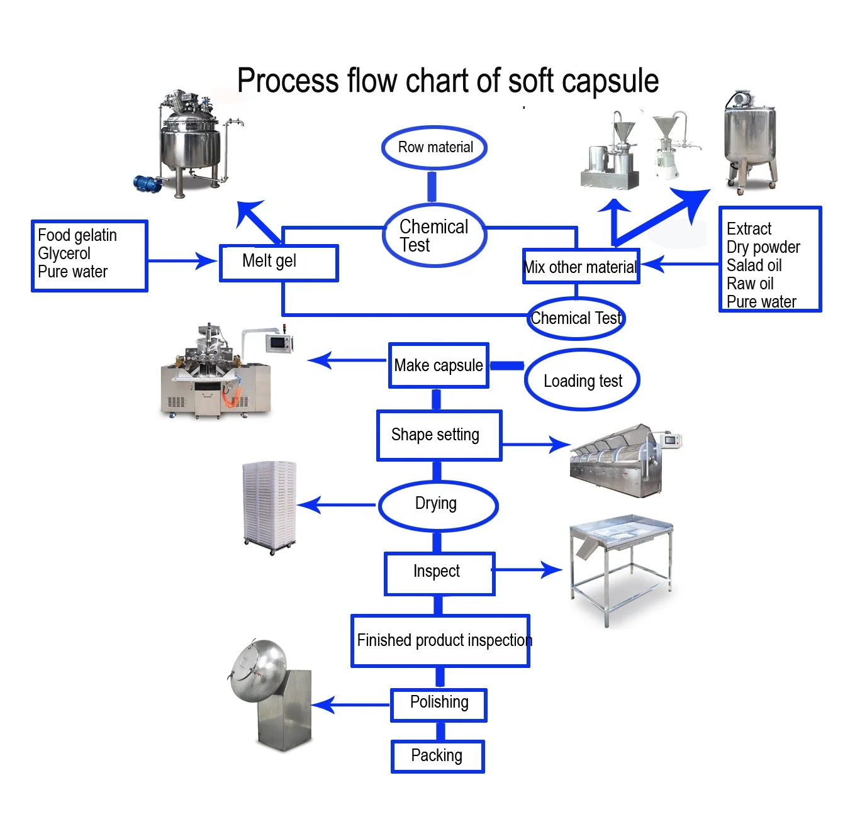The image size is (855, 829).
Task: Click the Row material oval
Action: [x=435, y=148]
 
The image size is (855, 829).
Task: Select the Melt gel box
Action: [x=279, y=262]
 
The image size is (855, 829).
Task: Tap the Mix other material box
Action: [x=581, y=267]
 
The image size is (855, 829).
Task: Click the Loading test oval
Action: [x=582, y=381]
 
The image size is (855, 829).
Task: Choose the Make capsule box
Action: [x=439, y=365]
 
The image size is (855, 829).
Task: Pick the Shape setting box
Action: [x=439, y=435]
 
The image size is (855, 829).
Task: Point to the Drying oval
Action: [x=437, y=504]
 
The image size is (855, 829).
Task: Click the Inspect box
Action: [x=439, y=572]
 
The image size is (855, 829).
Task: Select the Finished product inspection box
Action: [x=440, y=640]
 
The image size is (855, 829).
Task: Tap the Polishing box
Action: [x=439, y=703]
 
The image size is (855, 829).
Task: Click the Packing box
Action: [x=437, y=756]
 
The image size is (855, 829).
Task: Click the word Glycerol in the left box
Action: [x=64, y=253]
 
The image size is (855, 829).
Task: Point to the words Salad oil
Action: [x=754, y=265]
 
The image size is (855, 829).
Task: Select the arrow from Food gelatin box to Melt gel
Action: [x=182, y=260]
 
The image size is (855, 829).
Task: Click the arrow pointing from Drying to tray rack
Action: [x=337, y=504]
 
